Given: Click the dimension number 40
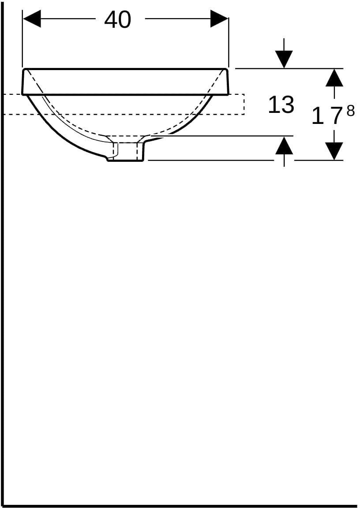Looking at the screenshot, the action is click(118, 19).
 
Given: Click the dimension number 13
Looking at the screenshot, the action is click(281, 105).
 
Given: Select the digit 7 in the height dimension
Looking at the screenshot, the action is click(336, 116).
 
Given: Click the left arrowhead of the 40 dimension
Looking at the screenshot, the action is click(32, 19).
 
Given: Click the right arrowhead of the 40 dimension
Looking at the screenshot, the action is click(219, 19).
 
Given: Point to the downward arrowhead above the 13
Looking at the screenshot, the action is click(284, 60).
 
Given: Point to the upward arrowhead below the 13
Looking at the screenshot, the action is click(284, 145).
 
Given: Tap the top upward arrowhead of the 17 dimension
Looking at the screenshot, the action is click(334, 78).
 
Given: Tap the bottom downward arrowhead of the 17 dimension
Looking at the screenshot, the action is click(334, 151).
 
